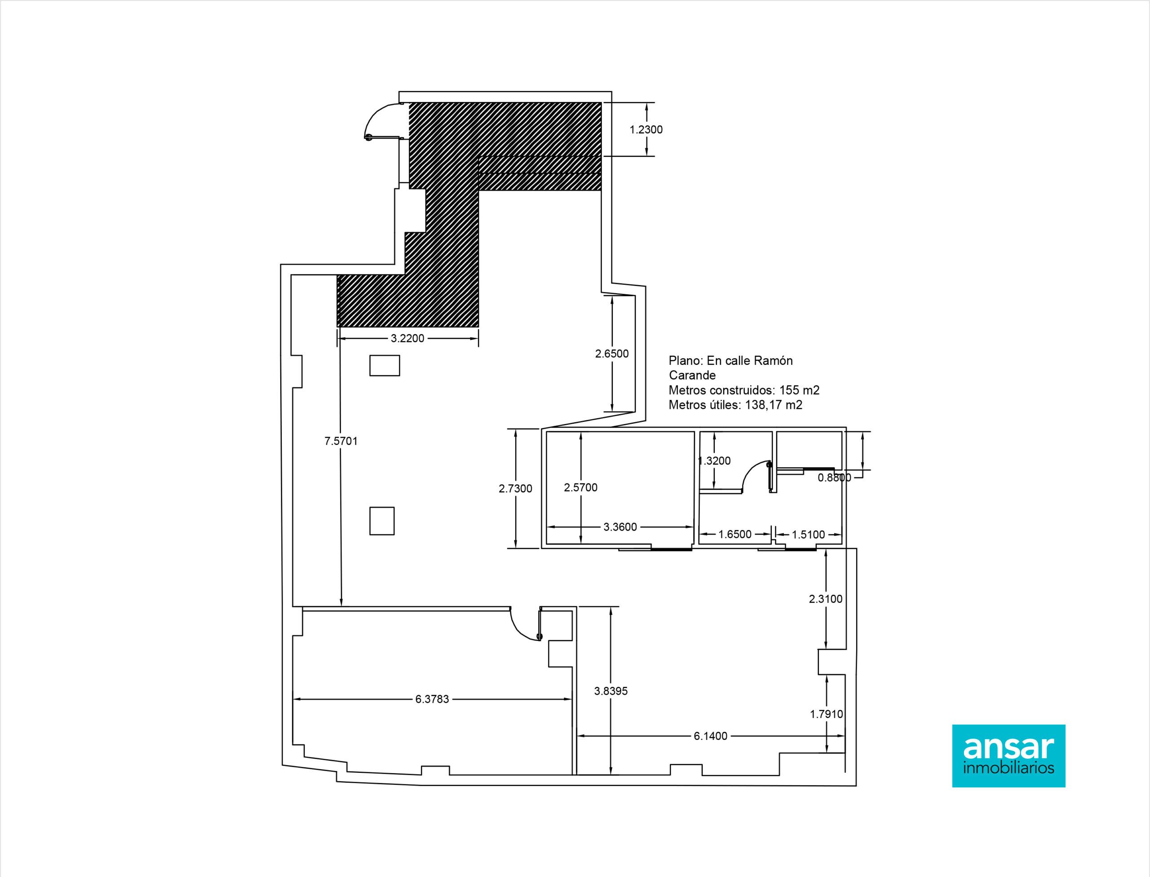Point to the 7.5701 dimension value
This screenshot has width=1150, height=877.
341,441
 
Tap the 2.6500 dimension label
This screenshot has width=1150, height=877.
612,354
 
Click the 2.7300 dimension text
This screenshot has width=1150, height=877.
515,489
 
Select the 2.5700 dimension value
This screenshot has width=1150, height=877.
580,487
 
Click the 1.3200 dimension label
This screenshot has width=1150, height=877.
714,461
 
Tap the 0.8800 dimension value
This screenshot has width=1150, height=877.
834,477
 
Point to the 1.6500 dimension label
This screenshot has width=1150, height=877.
735,534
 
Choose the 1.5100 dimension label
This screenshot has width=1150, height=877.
808,534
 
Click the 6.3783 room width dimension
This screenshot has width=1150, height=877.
432,699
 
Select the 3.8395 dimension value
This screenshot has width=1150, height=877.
611,691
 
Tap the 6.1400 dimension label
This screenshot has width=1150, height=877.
711,736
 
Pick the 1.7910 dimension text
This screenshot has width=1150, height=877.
827,714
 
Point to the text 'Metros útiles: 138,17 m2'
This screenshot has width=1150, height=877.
735,404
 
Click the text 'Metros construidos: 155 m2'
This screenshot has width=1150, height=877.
744,390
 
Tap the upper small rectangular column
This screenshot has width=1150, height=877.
385,365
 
